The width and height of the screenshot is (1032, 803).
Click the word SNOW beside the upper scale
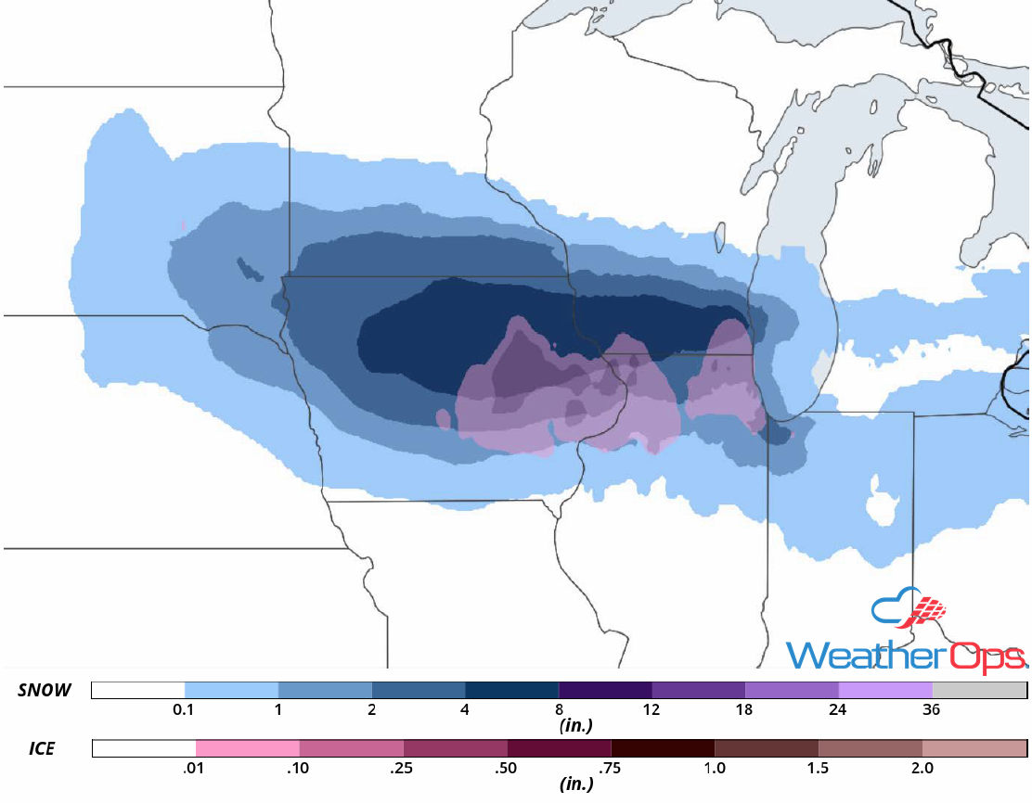click(45, 691)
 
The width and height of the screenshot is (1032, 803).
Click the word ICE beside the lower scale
click(41, 748)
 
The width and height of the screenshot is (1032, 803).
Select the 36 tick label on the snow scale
click(932, 711)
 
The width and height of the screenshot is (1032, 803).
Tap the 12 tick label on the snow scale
click(651, 711)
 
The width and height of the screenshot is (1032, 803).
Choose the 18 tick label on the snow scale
click(745, 711)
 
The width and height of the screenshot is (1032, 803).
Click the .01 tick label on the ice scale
click(196, 769)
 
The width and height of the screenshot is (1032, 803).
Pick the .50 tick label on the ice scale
click(508, 769)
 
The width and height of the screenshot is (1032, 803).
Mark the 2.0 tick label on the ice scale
click(922, 769)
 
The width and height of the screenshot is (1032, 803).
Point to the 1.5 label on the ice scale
click(819, 769)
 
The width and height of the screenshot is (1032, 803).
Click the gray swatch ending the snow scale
click(979, 691)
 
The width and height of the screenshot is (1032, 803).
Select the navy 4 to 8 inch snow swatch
click(511, 691)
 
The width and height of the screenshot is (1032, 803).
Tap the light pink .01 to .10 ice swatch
click(248, 748)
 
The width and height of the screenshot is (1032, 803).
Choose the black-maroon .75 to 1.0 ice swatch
click(663, 748)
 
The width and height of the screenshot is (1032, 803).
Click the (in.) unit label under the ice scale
click(576, 784)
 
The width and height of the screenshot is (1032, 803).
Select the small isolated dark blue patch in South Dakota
click(249, 268)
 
